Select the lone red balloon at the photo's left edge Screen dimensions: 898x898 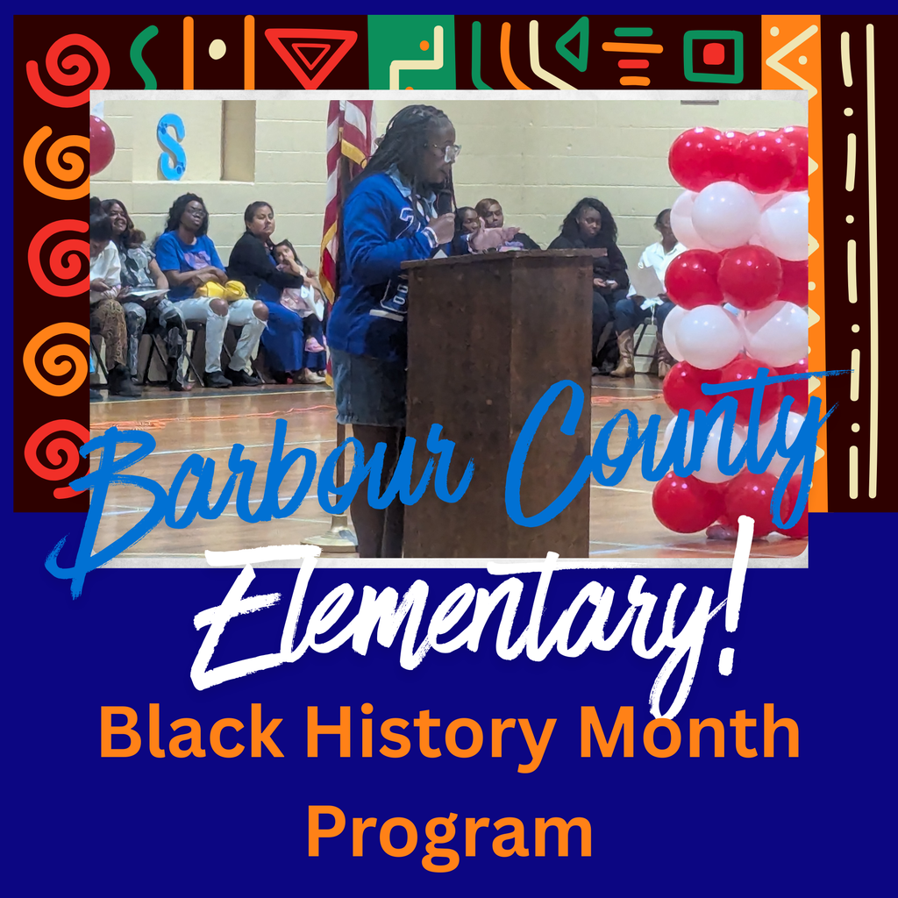100,144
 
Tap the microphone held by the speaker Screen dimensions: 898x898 445,203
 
